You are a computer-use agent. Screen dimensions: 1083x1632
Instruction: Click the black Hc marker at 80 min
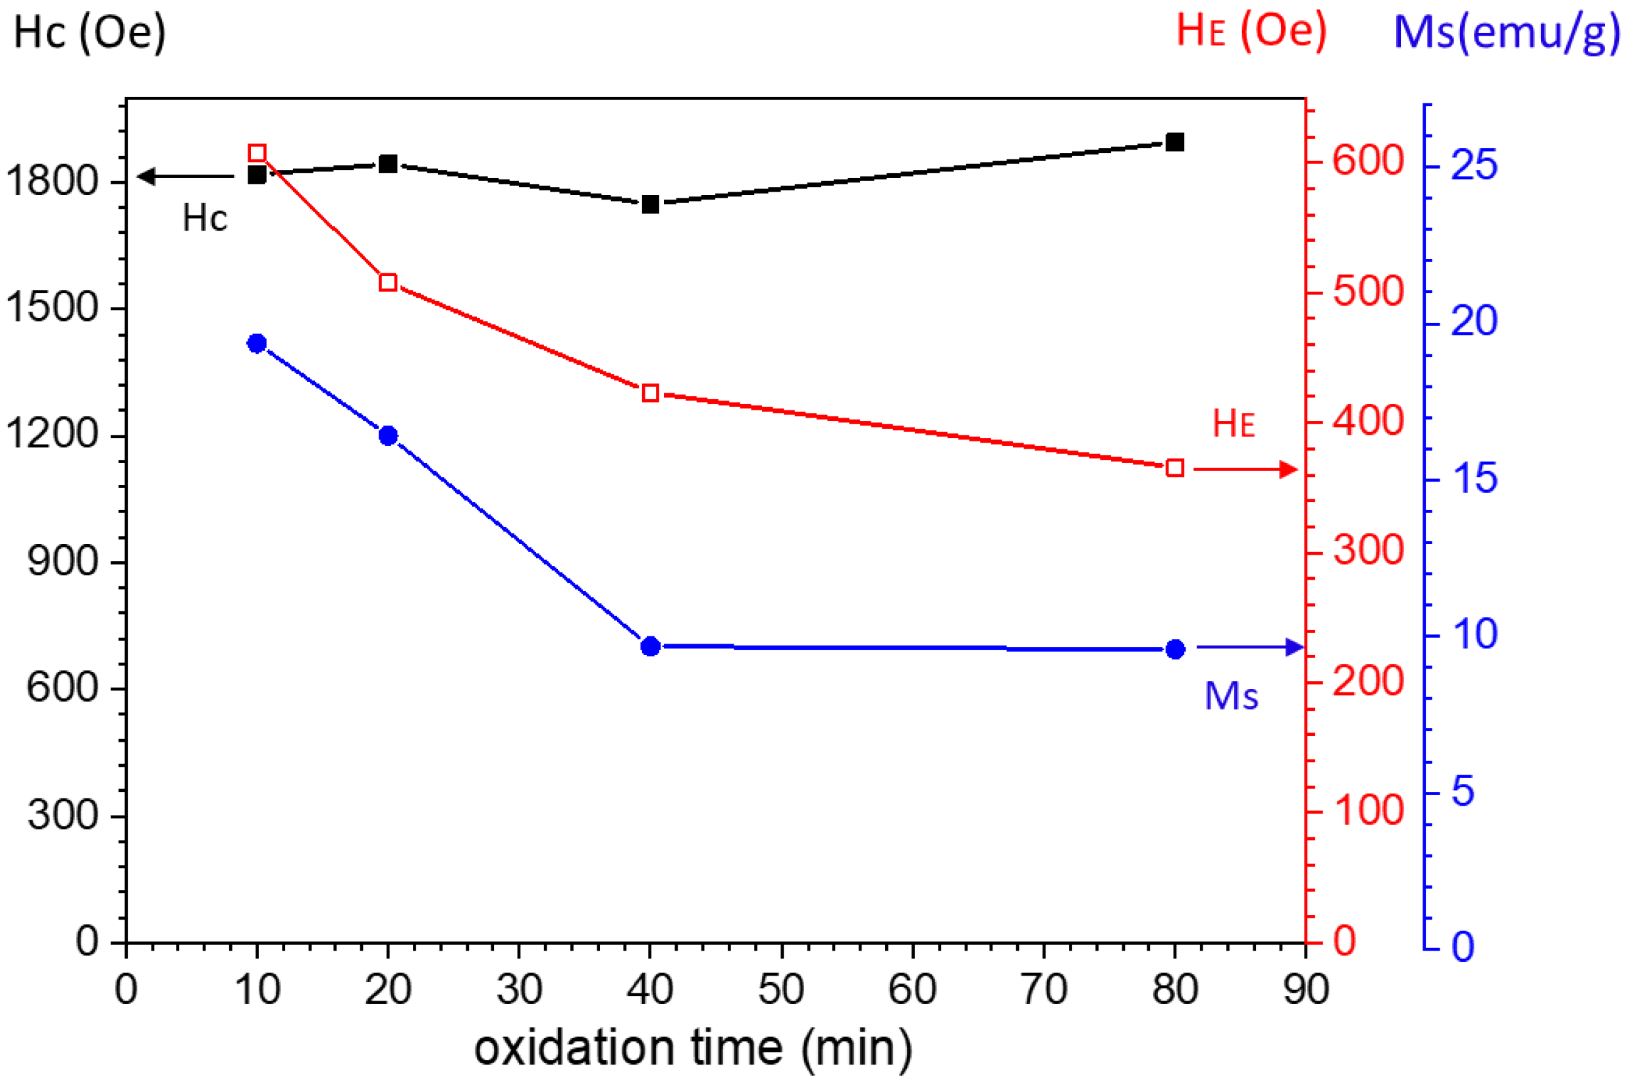coord(1174,142)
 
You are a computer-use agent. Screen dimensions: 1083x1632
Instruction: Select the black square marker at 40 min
coord(649,204)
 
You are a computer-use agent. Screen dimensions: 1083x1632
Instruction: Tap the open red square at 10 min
coord(257,153)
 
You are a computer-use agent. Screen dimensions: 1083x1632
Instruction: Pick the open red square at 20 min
coord(388,283)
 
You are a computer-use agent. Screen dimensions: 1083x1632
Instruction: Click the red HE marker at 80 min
coord(1174,468)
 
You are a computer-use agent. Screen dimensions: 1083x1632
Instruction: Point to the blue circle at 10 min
coord(257,343)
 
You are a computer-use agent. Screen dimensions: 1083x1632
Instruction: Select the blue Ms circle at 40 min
coord(649,646)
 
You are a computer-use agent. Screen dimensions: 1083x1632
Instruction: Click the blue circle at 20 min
coord(388,435)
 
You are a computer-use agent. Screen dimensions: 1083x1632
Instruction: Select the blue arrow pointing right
coord(1249,647)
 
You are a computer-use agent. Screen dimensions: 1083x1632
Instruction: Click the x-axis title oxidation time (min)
coord(692,1048)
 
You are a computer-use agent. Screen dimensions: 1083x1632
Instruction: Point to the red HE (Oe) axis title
coord(1251,31)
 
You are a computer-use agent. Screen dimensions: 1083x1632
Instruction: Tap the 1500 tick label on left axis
coord(52,307)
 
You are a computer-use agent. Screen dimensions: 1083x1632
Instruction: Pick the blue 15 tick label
coord(1474,479)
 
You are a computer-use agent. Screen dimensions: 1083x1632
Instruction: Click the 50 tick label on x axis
coord(781,989)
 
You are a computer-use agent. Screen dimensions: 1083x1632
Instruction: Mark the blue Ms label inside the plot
coord(1231,696)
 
